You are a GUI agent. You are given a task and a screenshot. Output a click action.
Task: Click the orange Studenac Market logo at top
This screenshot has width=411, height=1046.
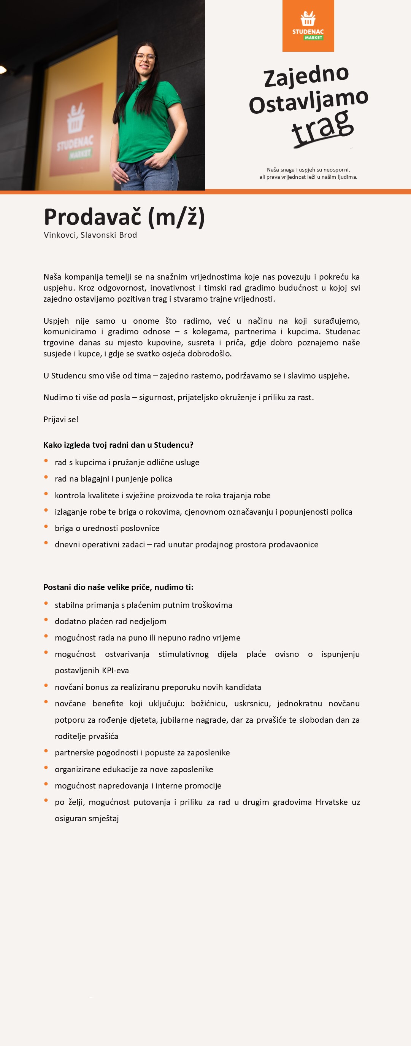point(308,25)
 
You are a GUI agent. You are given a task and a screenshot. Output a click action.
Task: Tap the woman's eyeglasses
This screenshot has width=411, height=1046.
point(146,57)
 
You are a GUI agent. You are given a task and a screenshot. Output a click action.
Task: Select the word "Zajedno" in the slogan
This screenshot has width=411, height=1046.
point(306,76)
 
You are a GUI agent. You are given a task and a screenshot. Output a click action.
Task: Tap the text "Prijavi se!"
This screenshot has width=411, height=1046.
point(61,420)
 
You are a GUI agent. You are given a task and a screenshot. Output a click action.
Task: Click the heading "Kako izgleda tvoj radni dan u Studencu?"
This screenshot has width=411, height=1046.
point(118,445)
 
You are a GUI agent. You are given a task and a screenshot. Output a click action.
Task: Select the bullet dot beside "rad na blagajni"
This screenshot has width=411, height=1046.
point(46,477)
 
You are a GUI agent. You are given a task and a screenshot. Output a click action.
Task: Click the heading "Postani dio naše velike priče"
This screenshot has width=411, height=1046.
point(118,587)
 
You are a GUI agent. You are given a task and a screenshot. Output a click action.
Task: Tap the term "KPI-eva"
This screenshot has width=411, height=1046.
point(112,671)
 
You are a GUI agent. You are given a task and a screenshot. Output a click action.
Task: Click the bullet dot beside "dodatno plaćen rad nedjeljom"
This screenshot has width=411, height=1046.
point(46,620)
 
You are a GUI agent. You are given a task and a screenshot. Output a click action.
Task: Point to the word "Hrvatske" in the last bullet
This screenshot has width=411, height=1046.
point(332,802)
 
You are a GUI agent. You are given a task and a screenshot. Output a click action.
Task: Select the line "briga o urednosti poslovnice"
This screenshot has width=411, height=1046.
point(107,528)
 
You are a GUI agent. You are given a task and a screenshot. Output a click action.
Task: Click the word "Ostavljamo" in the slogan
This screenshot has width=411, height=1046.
point(308,102)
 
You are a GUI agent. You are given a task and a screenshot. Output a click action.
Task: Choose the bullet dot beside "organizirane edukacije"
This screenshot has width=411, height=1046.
point(46,768)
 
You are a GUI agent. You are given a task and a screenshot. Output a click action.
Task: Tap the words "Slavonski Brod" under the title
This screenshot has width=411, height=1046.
point(109,235)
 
